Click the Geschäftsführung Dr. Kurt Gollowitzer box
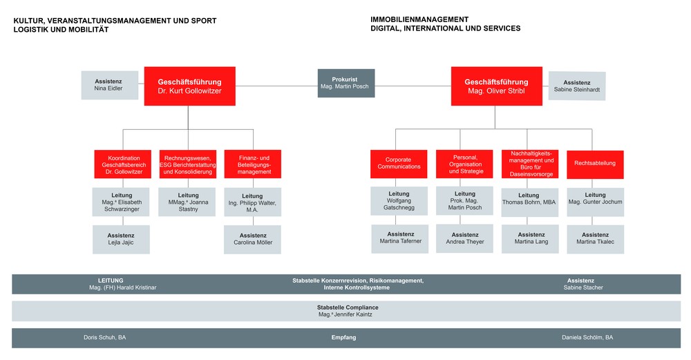point(189,86)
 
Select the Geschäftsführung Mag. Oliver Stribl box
point(496,86)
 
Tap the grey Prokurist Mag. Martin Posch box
point(346,83)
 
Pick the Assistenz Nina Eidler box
point(108,84)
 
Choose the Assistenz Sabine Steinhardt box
point(577,86)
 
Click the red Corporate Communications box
point(399,163)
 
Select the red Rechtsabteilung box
point(595,164)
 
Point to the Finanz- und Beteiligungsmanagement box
point(253,164)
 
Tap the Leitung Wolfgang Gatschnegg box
point(399,202)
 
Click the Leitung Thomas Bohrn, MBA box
point(529,202)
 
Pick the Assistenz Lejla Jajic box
point(121,239)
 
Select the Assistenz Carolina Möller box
point(253,239)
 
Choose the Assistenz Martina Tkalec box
point(595,238)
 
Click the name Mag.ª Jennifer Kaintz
point(345,314)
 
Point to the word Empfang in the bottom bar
point(343,338)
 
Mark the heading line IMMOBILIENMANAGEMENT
point(419,19)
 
